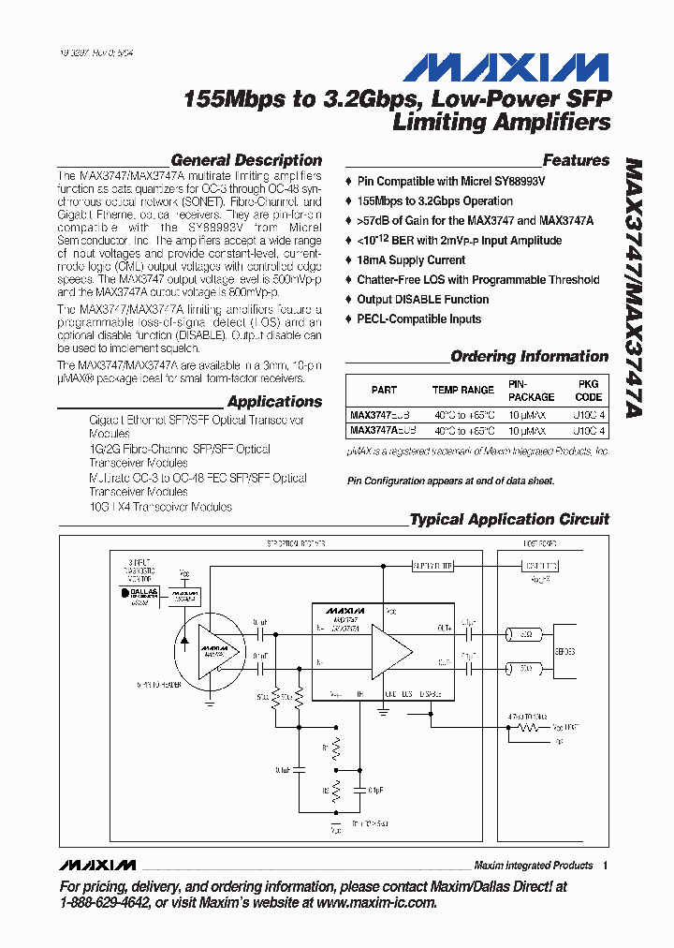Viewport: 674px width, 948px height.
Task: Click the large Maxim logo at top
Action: click(506, 67)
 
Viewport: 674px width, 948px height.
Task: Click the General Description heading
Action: click(246, 160)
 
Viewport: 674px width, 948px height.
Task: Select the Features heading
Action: click(576, 160)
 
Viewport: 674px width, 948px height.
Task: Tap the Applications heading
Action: click(274, 402)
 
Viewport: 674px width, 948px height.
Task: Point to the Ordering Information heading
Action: click(529, 356)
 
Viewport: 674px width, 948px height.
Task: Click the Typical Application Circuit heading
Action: click(509, 519)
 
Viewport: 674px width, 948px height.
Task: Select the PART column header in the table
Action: click(384, 390)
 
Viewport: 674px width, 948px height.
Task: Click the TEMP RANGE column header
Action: click(462, 390)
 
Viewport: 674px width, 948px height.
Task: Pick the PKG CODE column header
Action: click(588, 390)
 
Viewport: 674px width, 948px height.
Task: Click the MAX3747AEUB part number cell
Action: click(382, 431)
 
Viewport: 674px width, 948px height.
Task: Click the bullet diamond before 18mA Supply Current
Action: click(349, 260)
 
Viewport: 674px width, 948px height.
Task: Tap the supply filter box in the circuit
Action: click(432, 566)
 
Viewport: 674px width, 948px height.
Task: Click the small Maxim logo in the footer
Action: click(96, 864)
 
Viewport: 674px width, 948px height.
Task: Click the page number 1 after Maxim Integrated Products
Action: click(606, 865)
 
